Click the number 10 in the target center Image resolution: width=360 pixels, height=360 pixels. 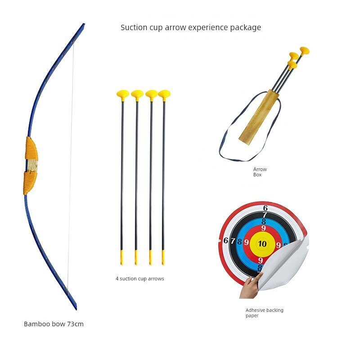click(x=262, y=243)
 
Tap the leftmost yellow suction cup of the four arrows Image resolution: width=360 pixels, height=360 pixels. click(x=122, y=95)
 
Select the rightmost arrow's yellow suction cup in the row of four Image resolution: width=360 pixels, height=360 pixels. click(x=164, y=95)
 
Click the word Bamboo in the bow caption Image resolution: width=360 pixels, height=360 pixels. click(x=37, y=324)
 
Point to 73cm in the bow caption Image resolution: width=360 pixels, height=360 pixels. click(x=75, y=324)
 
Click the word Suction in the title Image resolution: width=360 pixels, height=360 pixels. click(x=134, y=27)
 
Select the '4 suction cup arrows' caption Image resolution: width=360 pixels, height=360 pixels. click(x=140, y=279)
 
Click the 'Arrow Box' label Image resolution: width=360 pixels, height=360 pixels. click(x=260, y=172)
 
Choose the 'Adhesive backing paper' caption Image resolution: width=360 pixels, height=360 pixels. click(x=264, y=313)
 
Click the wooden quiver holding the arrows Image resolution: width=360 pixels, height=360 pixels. click(x=259, y=117)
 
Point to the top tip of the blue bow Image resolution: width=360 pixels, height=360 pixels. click(x=84, y=24)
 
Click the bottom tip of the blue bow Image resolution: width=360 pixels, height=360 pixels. click(x=76, y=309)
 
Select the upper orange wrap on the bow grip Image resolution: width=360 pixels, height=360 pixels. click(x=31, y=148)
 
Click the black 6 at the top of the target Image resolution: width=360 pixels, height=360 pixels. click(x=265, y=208)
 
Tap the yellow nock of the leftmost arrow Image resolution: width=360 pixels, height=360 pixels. click(x=121, y=257)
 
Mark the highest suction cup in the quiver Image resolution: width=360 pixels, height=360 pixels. click(x=305, y=51)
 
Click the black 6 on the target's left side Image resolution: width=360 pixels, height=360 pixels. click(x=226, y=240)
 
